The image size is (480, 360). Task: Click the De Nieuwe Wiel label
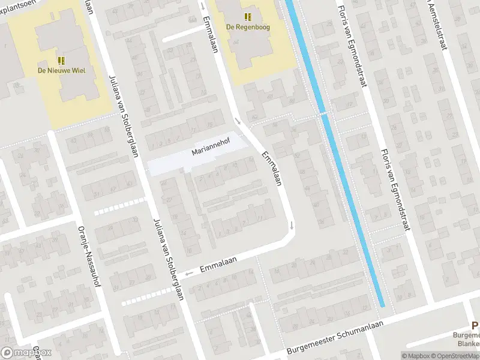click(62, 71)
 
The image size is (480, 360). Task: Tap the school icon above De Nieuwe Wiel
click(61, 61)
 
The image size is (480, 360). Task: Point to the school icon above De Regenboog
click(247, 17)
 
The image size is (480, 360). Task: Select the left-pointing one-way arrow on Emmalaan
click(190, 274)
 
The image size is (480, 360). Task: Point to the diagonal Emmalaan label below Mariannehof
click(272, 169)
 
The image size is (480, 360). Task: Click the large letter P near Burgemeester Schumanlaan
click(475, 325)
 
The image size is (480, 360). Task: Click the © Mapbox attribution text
click(415, 356)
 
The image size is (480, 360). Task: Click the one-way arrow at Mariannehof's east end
click(238, 122)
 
